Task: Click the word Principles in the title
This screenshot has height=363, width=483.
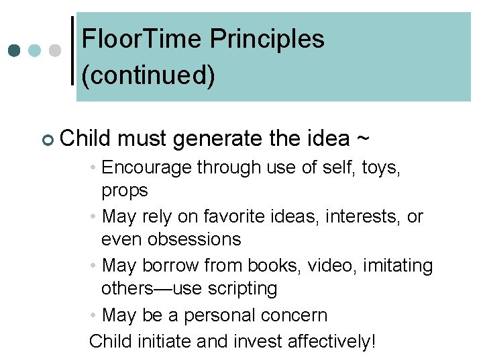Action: (x=268, y=40)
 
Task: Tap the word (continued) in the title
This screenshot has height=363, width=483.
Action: (x=148, y=75)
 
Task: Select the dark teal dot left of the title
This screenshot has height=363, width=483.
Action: (x=15, y=50)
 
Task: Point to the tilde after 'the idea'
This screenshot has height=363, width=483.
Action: (x=362, y=138)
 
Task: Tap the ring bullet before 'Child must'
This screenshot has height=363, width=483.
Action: (x=46, y=139)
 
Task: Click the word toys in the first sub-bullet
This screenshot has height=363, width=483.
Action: (x=380, y=167)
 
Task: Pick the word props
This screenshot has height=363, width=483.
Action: (x=125, y=191)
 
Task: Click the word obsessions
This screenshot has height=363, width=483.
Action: (x=171, y=239)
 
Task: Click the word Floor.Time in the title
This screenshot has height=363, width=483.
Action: (x=142, y=40)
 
